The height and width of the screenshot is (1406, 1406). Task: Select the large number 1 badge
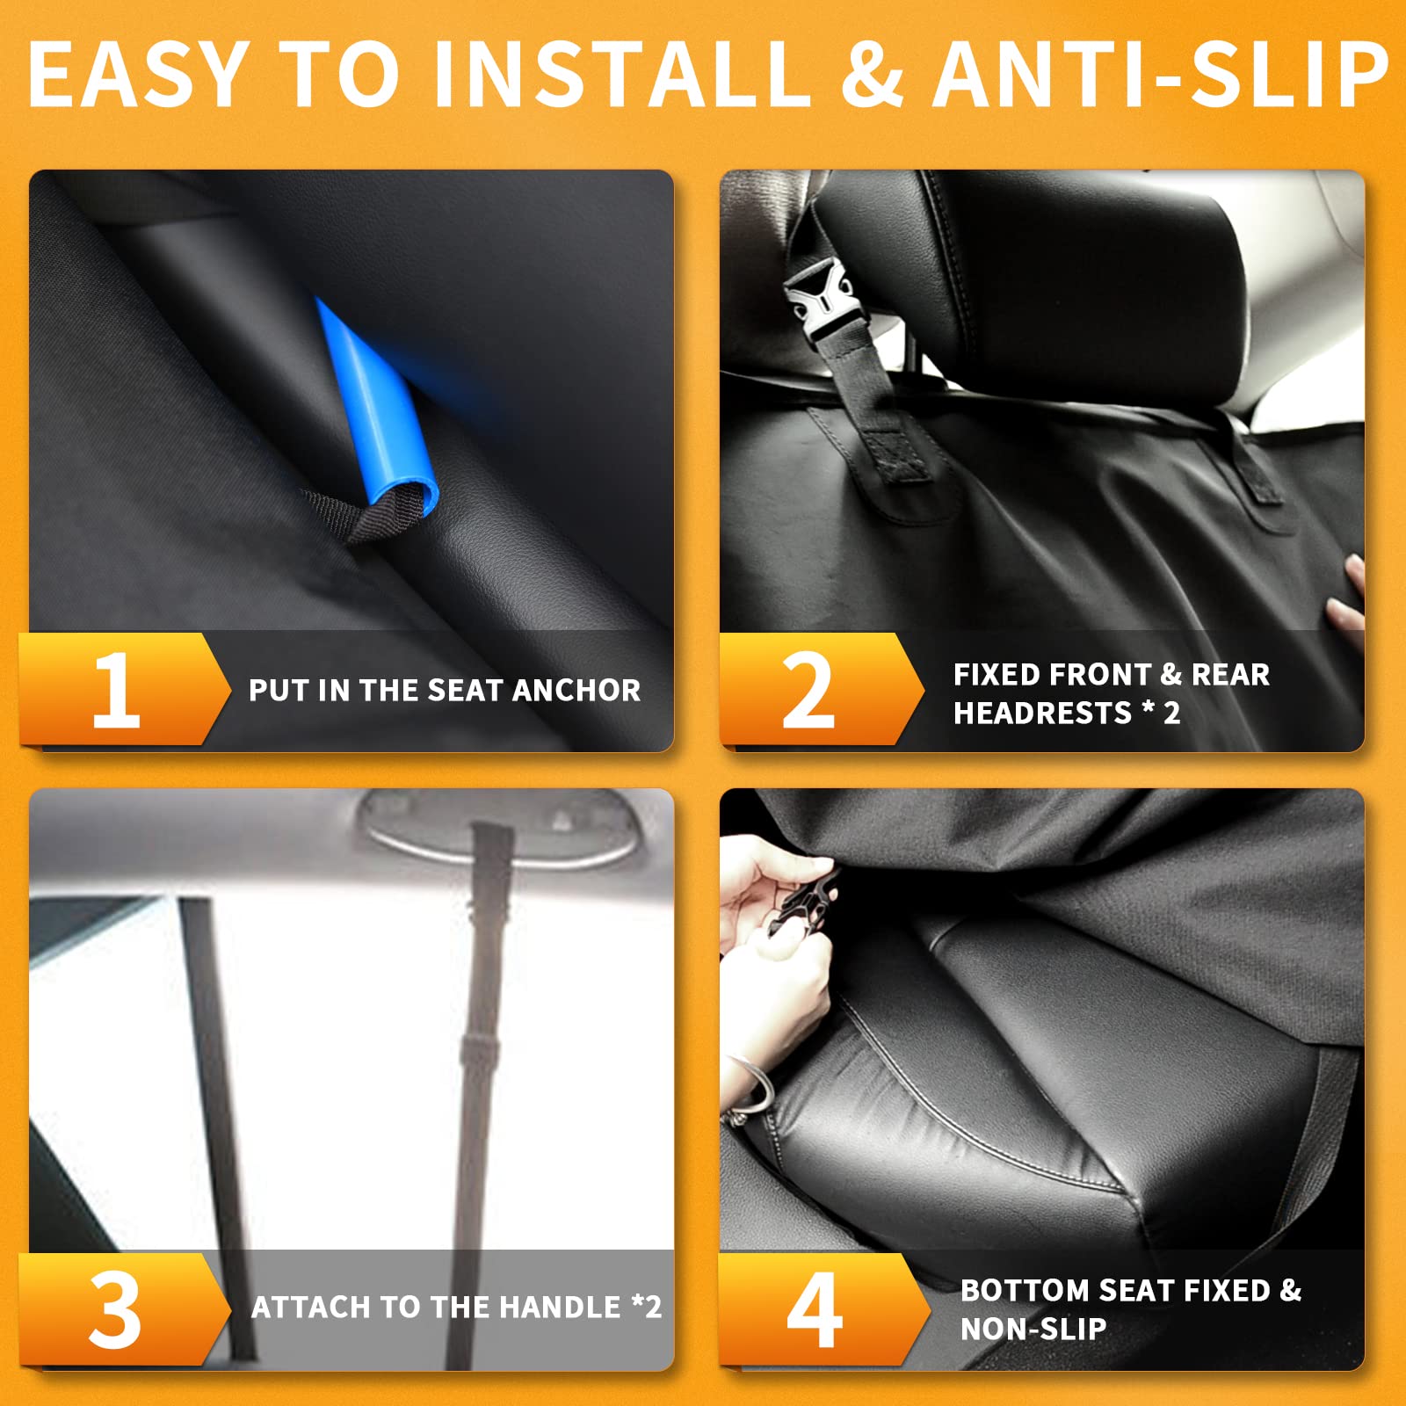pos(116,691)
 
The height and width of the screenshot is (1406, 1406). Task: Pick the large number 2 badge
pos(808,691)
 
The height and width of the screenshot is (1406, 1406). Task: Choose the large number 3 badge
pos(115,1310)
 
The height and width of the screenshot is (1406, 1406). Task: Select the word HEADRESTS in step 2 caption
pos(1042,713)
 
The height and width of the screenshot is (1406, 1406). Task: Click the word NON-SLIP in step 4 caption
pos(1033,1329)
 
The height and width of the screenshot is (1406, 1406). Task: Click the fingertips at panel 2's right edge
pos(1347,598)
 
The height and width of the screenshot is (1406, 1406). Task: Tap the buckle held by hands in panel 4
pos(801,905)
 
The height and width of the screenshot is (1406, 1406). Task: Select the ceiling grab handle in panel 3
pos(501,826)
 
